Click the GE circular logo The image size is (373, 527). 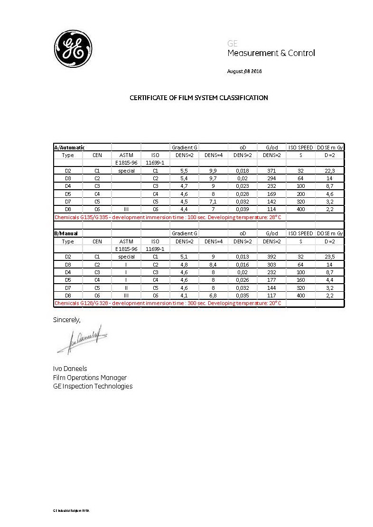[74, 48]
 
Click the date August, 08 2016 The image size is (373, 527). [245, 72]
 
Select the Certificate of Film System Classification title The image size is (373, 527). [199, 98]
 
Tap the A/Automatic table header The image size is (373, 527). [69, 148]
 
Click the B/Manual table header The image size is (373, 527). [66, 233]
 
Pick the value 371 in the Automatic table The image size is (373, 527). [272, 171]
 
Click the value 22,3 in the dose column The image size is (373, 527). [330, 171]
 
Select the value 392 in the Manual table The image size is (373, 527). [272, 257]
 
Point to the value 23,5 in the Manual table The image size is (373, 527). [330, 257]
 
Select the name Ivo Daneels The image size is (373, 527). [70, 369]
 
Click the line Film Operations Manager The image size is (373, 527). [90, 378]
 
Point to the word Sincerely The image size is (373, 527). [66, 320]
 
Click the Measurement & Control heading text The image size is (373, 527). [271, 53]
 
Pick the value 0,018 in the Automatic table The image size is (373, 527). [242, 171]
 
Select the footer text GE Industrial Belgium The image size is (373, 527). [71, 510]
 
